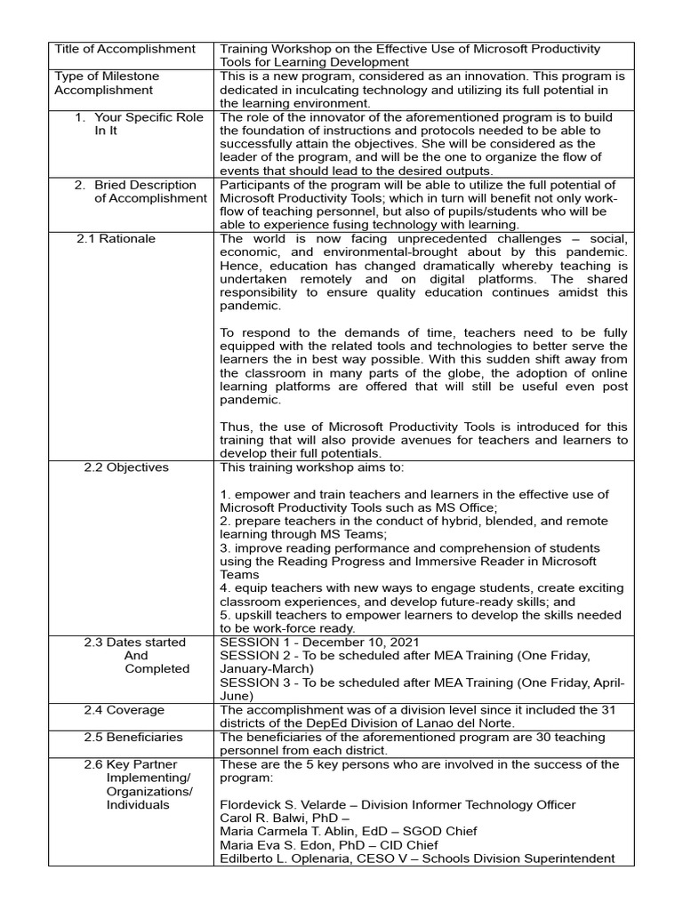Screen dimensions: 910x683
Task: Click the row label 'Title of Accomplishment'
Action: coord(125,49)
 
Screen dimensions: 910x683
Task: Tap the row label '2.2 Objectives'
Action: coord(126,467)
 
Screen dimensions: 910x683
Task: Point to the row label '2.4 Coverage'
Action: coord(125,710)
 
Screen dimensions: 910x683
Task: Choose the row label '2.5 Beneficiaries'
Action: coord(133,737)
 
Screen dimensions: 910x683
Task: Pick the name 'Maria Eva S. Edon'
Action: coord(272,844)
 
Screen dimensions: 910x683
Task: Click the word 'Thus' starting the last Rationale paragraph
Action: coord(235,427)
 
